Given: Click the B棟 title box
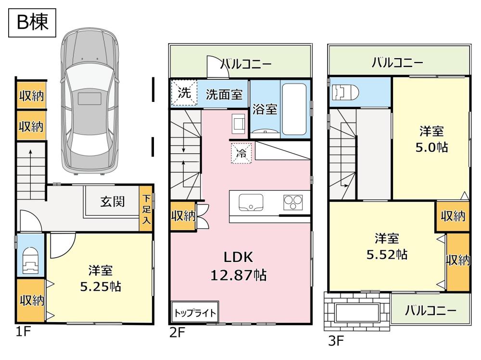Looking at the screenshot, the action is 32,23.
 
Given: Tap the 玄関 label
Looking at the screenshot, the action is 112,201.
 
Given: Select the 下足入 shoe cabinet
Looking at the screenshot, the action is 146,209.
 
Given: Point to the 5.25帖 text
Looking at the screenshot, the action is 101,286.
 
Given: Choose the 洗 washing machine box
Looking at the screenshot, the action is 184,93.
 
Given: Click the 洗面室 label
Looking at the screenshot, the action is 224,95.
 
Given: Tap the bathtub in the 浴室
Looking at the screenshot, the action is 294,109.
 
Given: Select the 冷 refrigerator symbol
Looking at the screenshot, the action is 241,153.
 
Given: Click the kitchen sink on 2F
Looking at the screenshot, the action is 251,203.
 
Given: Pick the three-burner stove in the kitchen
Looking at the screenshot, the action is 293,202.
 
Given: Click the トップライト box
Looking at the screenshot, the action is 195,312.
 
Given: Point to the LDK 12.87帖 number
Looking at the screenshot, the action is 239,275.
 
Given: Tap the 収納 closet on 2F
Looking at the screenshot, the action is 183,216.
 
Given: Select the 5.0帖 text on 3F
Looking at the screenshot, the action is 431,148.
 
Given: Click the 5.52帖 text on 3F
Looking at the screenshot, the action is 387,254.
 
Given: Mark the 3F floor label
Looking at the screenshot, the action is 336,341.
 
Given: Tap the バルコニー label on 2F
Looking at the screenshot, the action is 246,64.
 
